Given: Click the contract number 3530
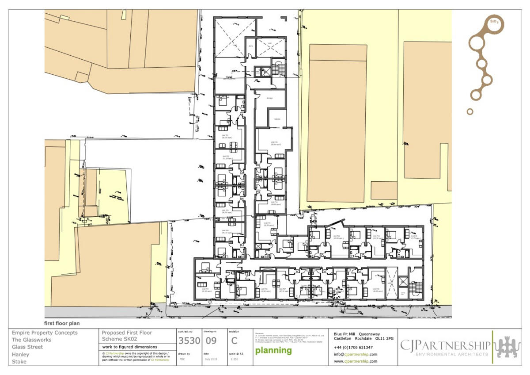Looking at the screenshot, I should click(x=189, y=341).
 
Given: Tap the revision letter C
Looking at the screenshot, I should click(x=234, y=341).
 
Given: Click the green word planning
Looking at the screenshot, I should click(x=273, y=351).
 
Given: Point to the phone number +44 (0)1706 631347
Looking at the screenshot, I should click(x=353, y=347).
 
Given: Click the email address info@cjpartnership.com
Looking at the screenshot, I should click(x=356, y=354).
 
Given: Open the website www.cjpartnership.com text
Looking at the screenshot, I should click(x=356, y=361).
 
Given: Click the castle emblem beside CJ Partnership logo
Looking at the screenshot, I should click(x=509, y=347).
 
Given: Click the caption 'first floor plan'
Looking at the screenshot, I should click(x=61, y=323).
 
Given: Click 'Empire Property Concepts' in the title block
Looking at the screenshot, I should click(x=45, y=333).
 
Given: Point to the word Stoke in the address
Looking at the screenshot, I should click(x=19, y=362).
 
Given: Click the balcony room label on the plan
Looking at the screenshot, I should click(x=277, y=119).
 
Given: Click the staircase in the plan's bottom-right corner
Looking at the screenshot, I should click(x=415, y=289).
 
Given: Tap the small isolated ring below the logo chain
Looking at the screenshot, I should click(x=470, y=111).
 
